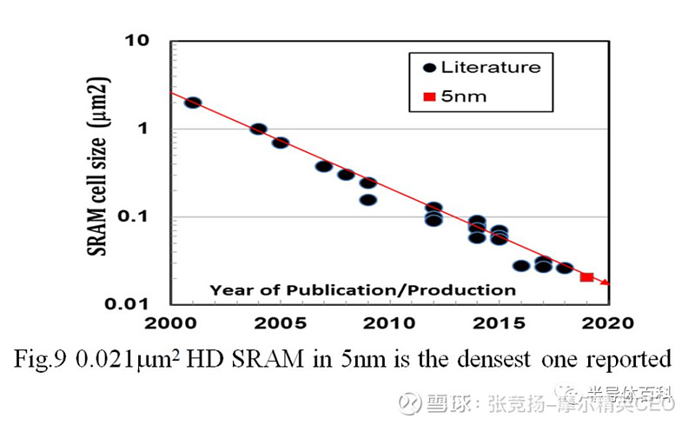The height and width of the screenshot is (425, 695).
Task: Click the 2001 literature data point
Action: click(193, 103)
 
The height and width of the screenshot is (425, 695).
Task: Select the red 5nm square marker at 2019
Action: click(586, 277)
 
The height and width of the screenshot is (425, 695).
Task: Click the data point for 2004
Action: click(258, 129)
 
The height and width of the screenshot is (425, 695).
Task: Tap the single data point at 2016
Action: click(521, 266)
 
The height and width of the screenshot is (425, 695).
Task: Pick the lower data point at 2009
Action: click(368, 200)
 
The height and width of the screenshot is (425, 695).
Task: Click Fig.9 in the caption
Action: click(46, 358)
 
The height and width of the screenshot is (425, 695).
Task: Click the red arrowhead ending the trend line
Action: click(606, 282)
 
